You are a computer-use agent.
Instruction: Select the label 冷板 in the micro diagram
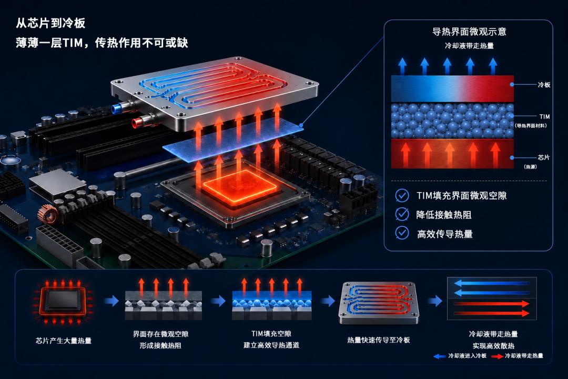pos(544,85)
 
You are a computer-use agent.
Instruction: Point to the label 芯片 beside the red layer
pos(543,157)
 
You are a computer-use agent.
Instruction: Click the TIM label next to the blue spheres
pos(544,117)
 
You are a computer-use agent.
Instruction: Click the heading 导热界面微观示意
pos(469,32)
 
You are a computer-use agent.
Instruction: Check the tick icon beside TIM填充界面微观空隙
pos(402,195)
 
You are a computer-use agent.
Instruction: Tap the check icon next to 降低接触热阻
pos(402,214)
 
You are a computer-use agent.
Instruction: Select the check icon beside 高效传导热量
pos(402,233)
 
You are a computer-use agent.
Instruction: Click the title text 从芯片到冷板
pos(50,23)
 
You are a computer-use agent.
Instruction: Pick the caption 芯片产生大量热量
pos(64,341)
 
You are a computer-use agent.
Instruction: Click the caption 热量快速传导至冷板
pos(379,340)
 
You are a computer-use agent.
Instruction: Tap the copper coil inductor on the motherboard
pos(48,214)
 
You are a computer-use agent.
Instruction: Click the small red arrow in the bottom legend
pos(498,356)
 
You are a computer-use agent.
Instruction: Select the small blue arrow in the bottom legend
pos(439,356)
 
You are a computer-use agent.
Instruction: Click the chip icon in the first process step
pos(63,301)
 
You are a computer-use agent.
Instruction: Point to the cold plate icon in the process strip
pos(379,303)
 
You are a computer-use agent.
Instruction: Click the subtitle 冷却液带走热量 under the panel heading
pos(469,46)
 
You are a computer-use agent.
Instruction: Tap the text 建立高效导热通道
pos(271,345)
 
